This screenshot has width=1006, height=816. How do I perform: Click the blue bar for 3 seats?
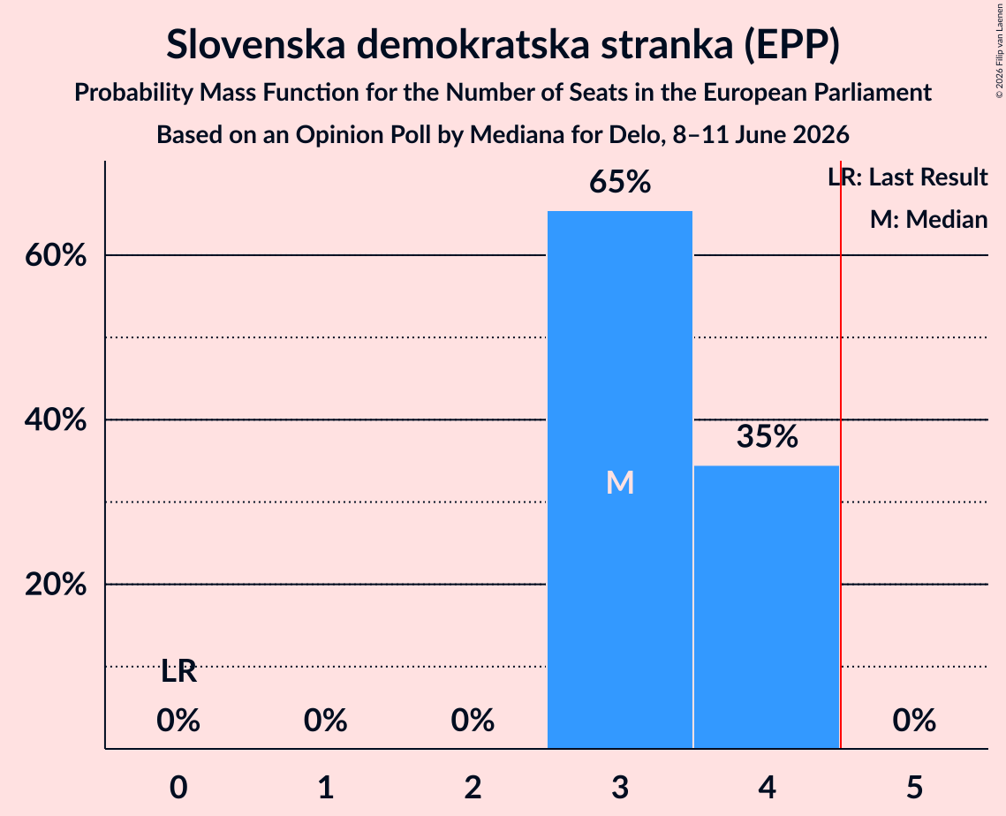click(620, 480)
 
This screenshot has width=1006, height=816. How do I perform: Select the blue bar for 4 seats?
click(767, 607)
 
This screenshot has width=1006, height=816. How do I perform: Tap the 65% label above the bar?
click(620, 182)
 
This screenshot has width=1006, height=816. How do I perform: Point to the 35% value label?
click(767, 436)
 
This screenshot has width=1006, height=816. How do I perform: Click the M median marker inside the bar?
click(620, 482)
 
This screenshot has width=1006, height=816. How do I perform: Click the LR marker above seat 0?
click(178, 671)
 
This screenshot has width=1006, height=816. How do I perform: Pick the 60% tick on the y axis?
click(56, 255)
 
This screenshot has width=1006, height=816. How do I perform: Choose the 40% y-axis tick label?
click(56, 420)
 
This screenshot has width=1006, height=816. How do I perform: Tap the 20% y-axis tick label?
click(56, 585)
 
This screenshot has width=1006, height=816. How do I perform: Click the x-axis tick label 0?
click(178, 787)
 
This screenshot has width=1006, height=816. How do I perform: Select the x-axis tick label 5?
click(914, 787)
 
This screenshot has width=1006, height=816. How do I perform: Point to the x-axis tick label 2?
click(473, 787)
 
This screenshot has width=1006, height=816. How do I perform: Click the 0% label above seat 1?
click(325, 720)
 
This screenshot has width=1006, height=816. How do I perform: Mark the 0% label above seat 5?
click(914, 720)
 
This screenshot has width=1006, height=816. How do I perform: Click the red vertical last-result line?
click(841, 454)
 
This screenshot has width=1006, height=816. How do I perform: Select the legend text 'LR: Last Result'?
click(908, 177)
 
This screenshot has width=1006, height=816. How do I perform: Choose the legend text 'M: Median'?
click(929, 219)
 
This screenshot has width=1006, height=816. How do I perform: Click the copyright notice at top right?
click(999, 50)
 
